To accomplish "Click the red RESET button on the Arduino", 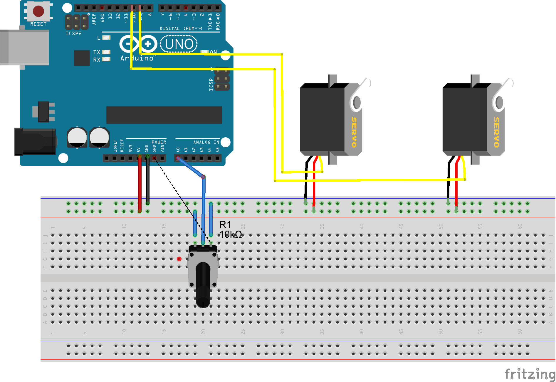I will (38, 11).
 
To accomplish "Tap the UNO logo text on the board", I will (179, 44).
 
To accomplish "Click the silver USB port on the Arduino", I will (25, 47).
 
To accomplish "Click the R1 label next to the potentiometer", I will (225, 225).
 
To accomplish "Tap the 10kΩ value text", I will (231, 234).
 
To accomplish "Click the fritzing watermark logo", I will (530, 374).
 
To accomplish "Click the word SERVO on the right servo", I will (496, 132).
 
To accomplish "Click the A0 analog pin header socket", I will (178, 158).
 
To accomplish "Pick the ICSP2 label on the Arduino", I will (73, 33).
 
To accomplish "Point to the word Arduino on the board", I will (137, 58).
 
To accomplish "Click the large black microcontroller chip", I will (164, 115).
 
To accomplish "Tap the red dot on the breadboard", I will (179, 259).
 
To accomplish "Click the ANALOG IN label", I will (206, 142).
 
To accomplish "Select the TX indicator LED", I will (106, 52).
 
